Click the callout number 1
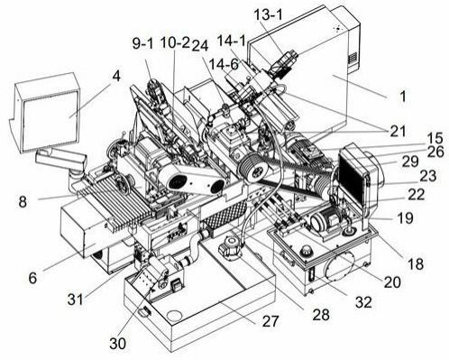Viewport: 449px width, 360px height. (x=403, y=97)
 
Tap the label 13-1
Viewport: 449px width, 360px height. (x=269, y=15)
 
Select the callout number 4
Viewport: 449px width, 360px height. (x=116, y=76)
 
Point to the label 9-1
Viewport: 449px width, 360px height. (x=142, y=43)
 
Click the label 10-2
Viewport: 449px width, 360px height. (x=175, y=43)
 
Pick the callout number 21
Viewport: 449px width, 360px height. (x=398, y=131)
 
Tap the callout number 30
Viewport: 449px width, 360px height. (x=117, y=343)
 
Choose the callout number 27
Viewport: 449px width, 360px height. (x=270, y=321)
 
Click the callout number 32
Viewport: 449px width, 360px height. (x=363, y=302)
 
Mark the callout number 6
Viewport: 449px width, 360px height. (x=32, y=278)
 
